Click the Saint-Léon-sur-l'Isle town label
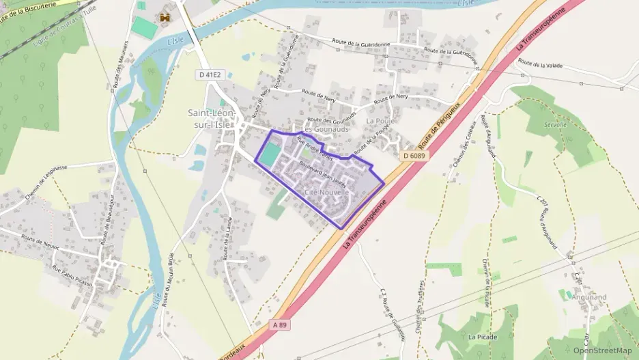212,118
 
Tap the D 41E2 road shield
210,74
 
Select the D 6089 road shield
414,156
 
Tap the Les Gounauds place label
326,129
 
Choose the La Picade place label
483,337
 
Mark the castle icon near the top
164,16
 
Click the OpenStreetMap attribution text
602,350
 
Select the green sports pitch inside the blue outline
269,154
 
